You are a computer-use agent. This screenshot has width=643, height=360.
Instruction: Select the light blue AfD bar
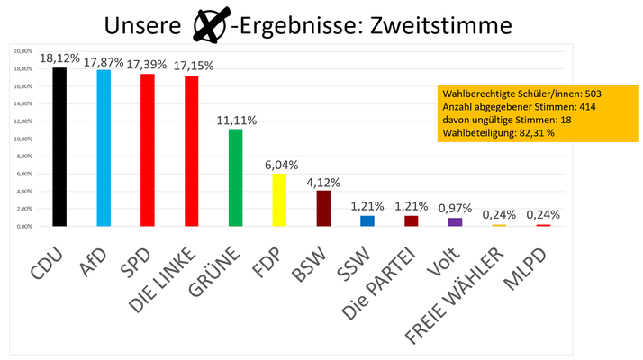(x=103, y=148)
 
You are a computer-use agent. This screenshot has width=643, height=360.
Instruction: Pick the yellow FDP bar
(x=279, y=200)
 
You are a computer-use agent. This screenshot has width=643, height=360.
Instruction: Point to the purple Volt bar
(x=455, y=221)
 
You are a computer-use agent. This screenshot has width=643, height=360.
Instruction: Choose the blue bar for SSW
(x=367, y=220)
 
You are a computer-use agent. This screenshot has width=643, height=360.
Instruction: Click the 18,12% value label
(x=59, y=58)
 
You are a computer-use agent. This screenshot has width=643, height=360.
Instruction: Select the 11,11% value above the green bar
(x=235, y=120)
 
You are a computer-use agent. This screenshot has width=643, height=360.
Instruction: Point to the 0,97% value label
(x=455, y=208)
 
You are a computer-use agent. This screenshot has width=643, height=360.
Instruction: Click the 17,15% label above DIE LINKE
(x=191, y=66)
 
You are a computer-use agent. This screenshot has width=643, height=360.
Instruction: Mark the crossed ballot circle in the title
(x=212, y=25)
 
